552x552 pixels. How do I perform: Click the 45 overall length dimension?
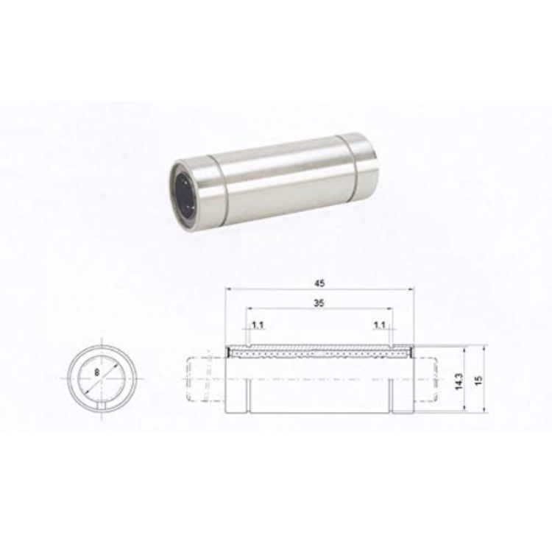pos(319,283)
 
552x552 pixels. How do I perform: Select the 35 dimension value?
pos(319,302)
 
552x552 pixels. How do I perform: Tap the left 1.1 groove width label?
pos(258,325)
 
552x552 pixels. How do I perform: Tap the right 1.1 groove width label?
pos(379,325)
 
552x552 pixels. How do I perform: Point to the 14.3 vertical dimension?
pos(459,381)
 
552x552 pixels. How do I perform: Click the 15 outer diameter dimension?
pos(478,381)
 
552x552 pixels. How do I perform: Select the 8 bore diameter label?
pos(97,372)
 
